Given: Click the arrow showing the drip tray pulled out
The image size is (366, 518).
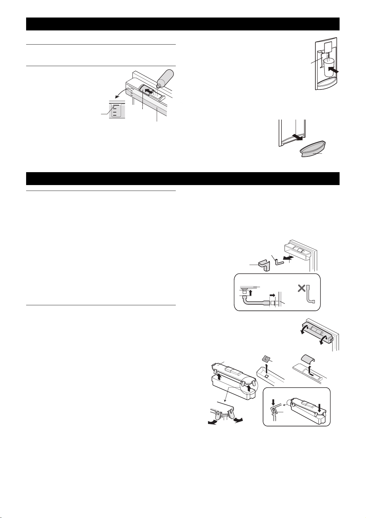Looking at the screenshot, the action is pyautogui.click(x=297, y=136).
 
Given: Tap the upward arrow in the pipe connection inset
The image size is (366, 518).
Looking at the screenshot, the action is pyautogui.click(x=250, y=293).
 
